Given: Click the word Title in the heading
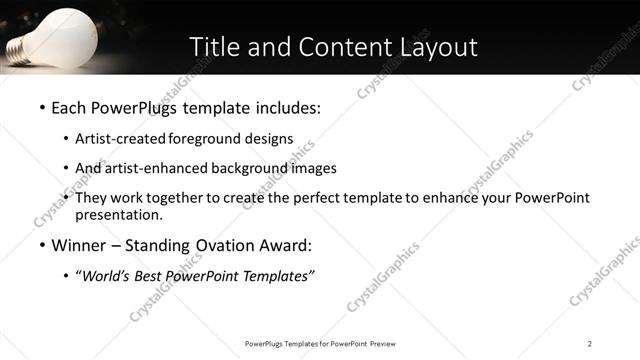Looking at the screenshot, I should [214, 46].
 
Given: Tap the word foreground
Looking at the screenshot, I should [208, 139].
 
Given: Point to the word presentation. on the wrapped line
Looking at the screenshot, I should [118, 214].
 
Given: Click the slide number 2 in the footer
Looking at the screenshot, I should [590, 343].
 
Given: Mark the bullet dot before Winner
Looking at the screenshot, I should [41, 245].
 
